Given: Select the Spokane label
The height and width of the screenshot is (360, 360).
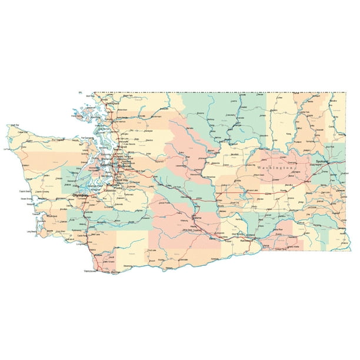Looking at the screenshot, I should pos(323,161).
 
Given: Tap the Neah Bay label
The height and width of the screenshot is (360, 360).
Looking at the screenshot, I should pos(12,125).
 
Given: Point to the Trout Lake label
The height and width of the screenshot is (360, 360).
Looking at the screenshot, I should pos(152,251).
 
